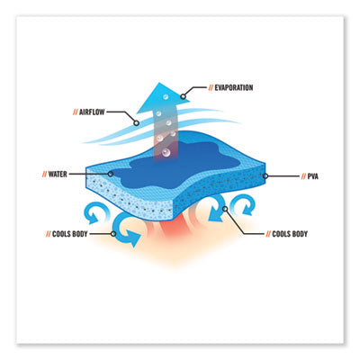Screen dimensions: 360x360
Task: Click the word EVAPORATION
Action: point(234,87)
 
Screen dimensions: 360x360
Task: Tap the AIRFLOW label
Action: point(92,112)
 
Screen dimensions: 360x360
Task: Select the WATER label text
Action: point(58,174)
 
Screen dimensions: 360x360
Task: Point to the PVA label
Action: point(312,176)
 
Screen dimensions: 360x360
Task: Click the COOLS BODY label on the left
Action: point(70,234)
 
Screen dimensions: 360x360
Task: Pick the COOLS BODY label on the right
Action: point(290,234)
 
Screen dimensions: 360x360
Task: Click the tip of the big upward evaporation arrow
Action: point(159,83)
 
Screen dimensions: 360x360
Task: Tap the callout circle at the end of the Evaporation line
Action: point(183,96)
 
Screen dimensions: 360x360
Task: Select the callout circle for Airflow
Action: point(136,122)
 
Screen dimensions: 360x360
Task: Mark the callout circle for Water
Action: point(111,174)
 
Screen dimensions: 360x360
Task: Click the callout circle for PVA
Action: point(265,176)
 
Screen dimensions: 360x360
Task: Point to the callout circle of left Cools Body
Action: point(113,234)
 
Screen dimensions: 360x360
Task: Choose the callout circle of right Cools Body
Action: point(225,209)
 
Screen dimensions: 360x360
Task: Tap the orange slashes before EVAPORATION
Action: point(211,87)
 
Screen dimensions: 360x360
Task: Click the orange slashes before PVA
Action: point(303,176)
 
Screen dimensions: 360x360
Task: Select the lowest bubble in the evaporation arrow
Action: point(166,153)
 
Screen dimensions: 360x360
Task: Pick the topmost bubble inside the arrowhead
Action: point(166,97)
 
